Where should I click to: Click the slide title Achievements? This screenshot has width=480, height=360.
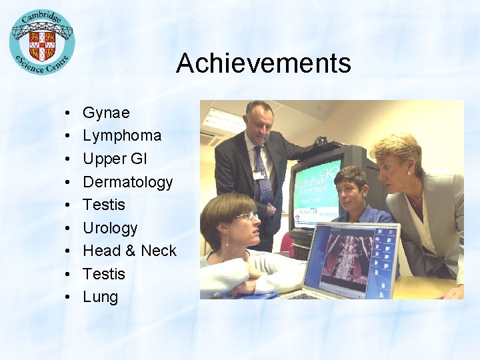(x=263, y=63)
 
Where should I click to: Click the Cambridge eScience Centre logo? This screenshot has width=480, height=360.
(x=42, y=41)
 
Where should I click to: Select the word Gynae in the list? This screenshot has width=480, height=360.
(x=106, y=113)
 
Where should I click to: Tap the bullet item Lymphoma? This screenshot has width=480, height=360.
(x=122, y=135)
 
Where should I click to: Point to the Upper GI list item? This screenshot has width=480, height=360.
(x=115, y=159)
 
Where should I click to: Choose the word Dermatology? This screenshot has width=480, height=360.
(x=127, y=181)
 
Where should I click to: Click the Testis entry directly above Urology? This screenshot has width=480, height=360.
(x=104, y=205)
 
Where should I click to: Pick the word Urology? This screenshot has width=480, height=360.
(x=110, y=228)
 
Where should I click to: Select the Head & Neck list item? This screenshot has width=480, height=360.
(x=129, y=251)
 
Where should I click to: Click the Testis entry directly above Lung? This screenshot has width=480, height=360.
(x=104, y=274)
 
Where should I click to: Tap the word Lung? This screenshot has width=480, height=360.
(x=100, y=297)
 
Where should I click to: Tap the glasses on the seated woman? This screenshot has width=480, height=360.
(x=247, y=215)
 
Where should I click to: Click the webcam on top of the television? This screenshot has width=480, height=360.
(x=322, y=141)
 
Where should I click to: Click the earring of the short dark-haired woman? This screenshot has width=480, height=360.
(x=341, y=199)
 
